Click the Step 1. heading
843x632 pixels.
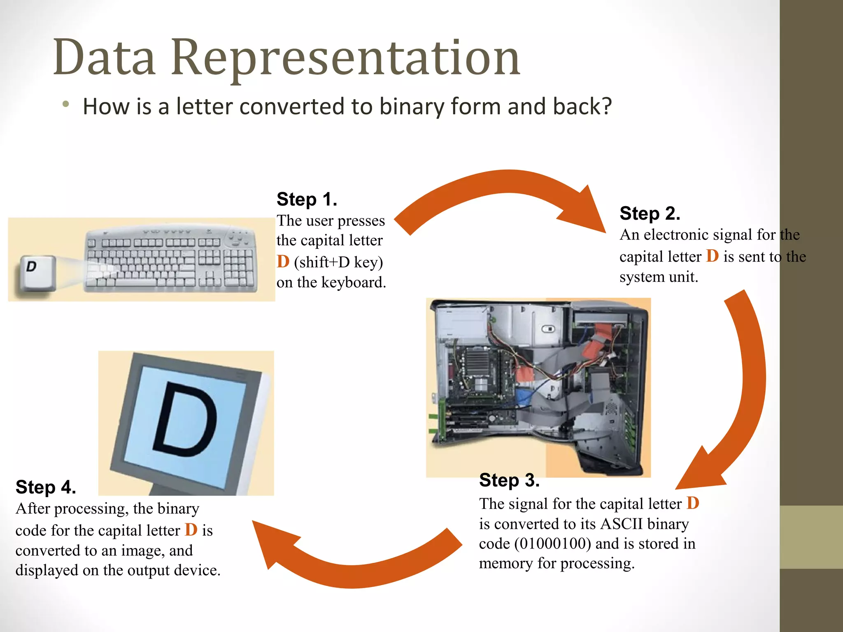pyautogui.click(x=307, y=200)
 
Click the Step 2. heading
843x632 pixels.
pyautogui.click(x=650, y=214)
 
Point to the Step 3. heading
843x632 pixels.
pyautogui.click(x=509, y=481)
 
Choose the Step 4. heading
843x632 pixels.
pyautogui.click(x=46, y=488)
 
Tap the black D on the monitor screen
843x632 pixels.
pyautogui.click(x=185, y=420)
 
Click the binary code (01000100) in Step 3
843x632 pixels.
pyautogui.click(x=553, y=544)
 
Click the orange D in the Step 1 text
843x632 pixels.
pyautogui.click(x=283, y=262)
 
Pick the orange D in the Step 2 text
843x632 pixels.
pyautogui.click(x=712, y=256)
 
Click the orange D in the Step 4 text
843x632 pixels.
pyautogui.click(x=191, y=530)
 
